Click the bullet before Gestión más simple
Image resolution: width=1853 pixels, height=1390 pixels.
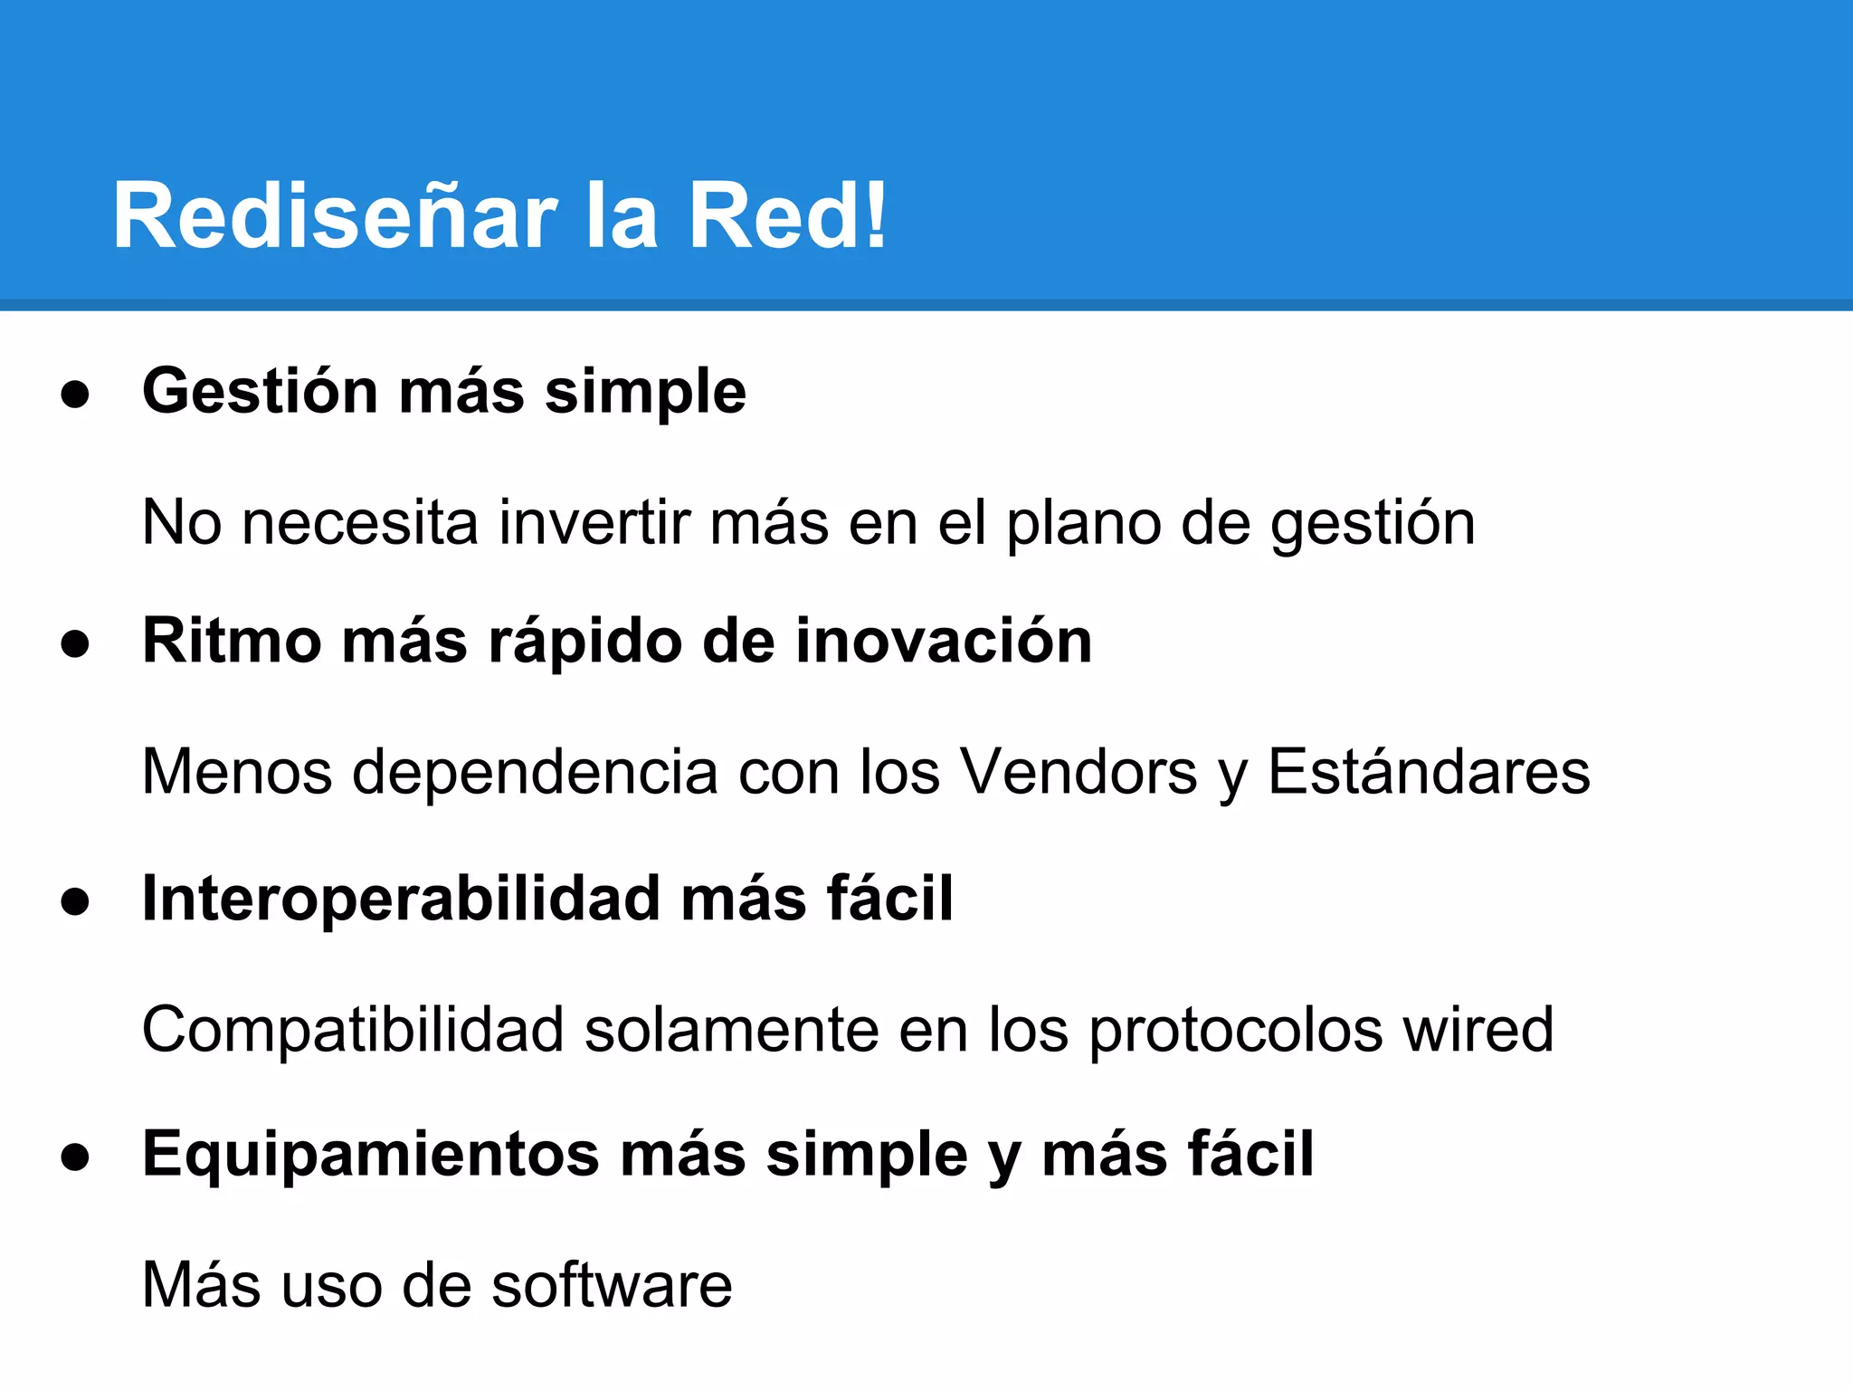pyautogui.click(x=75, y=395)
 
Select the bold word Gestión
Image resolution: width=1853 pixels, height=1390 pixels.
pyautogui.click(x=260, y=392)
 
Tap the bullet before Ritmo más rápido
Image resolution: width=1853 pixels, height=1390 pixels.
pyautogui.click(x=75, y=644)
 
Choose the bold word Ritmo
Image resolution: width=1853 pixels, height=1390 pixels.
pyautogui.click(x=232, y=641)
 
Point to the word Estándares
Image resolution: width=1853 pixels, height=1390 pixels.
pyautogui.click(x=1429, y=772)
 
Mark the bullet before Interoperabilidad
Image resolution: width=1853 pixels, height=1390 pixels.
pyautogui.click(x=75, y=902)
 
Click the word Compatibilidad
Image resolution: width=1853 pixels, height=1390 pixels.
pyautogui.click(x=353, y=1030)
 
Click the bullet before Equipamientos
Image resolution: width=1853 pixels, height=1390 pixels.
pyautogui.click(x=75, y=1157)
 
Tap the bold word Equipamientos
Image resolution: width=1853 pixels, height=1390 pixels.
pyautogui.click(x=371, y=1156)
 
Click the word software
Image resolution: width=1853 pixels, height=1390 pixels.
pyautogui.click(x=612, y=1285)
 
